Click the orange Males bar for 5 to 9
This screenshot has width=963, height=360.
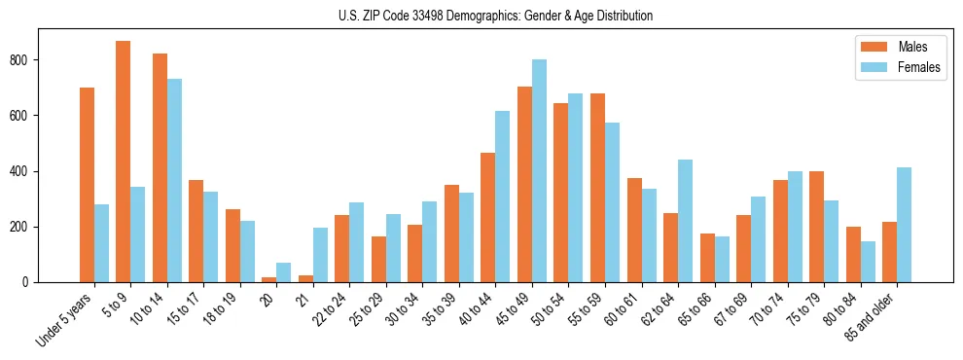pyautogui.click(x=124, y=162)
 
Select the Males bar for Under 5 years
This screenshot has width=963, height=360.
pyautogui.click(x=87, y=185)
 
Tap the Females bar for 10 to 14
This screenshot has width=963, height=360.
pyautogui.click(x=174, y=181)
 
